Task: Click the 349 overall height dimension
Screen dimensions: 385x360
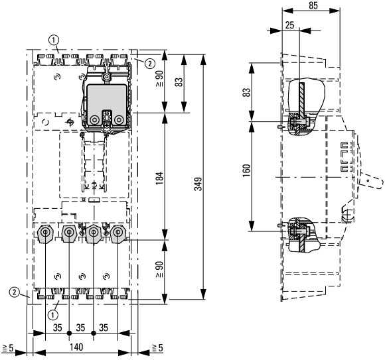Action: point(198,184)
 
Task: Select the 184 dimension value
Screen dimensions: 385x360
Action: point(159,178)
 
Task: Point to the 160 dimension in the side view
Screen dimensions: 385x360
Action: point(247,170)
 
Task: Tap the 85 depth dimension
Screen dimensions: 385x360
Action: point(313,5)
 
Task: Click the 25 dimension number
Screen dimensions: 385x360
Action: point(289,25)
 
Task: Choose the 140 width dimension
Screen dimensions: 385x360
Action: point(76,347)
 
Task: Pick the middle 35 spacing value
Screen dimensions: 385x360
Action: point(80,328)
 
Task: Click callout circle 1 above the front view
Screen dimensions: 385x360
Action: point(54,40)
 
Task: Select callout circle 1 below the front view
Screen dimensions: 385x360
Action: point(53,315)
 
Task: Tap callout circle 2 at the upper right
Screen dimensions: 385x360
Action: point(150,64)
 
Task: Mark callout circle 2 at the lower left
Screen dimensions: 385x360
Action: point(15,292)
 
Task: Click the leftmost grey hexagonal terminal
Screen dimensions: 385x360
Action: point(45,233)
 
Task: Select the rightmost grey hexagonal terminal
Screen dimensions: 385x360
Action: point(118,233)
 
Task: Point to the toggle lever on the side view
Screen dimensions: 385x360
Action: point(371,181)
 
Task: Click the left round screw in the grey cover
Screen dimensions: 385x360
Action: point(94,120)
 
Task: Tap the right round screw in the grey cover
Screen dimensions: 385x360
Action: point(119,120)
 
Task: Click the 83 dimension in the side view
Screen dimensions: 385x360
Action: point(247,92)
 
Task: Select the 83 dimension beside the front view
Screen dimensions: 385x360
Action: point(179,82)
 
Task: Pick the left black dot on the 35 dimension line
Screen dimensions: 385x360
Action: point(69,333)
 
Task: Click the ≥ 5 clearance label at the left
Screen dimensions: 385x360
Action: point(7,348)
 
